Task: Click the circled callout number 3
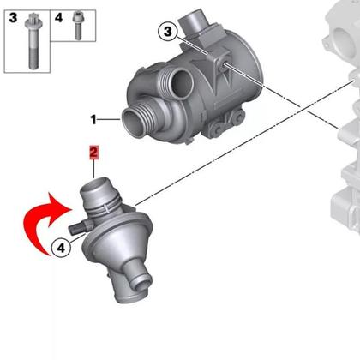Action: (x=168, y=31)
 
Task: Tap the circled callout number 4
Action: (x=61, y=248)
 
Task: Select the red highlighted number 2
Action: (x=93, y=153)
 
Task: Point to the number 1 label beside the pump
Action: (x=93, y=119)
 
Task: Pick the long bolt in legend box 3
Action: (x=33, y=41)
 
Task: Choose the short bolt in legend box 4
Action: (x=77, y=25)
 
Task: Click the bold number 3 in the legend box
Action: (x=13, y=18)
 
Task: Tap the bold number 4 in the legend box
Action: (x=58, y=18)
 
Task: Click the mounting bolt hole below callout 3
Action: (x=222, y=64)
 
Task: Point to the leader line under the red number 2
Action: (x=93, y=169)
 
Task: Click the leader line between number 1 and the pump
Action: (x=109, y=119)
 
